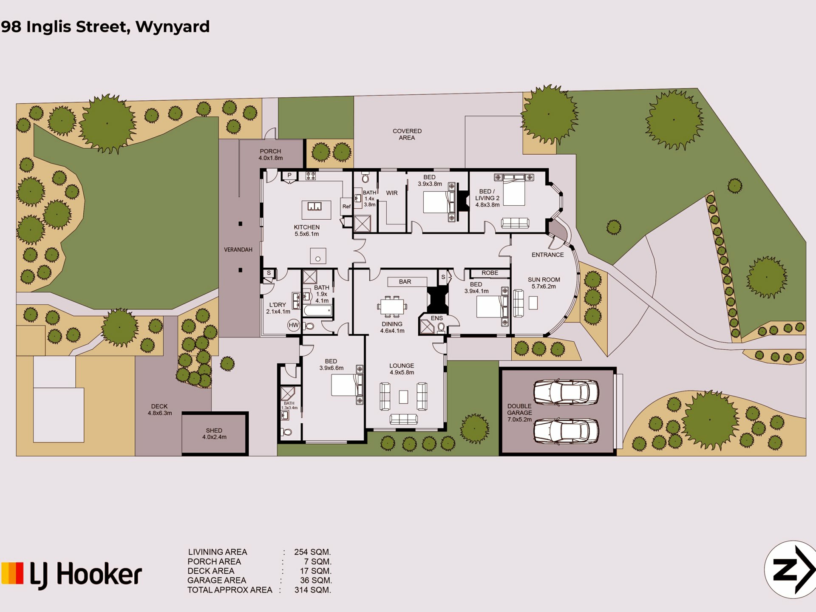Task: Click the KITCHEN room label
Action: coord(306,227)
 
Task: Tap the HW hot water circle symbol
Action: coord(294,325)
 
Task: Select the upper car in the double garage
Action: coord(566,392)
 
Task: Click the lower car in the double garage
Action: coord(566,431)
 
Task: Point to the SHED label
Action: coord(214,431)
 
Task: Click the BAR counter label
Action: coord(405,282)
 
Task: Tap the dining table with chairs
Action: coord(392,306)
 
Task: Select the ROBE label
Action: coord(490,273)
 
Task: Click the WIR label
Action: coord(391,193)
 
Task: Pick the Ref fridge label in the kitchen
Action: coord(346,207)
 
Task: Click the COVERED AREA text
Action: coord(407,134)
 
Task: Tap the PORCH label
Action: coord(270,151)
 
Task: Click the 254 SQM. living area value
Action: coord(312,552)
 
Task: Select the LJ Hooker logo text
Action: coord(85,575)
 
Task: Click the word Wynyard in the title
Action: coord(172,27)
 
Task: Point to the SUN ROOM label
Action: coord(544,280)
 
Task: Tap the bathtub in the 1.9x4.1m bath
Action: coord(318,311)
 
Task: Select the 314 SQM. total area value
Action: coord(312,590)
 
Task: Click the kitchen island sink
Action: coord(314,207)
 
